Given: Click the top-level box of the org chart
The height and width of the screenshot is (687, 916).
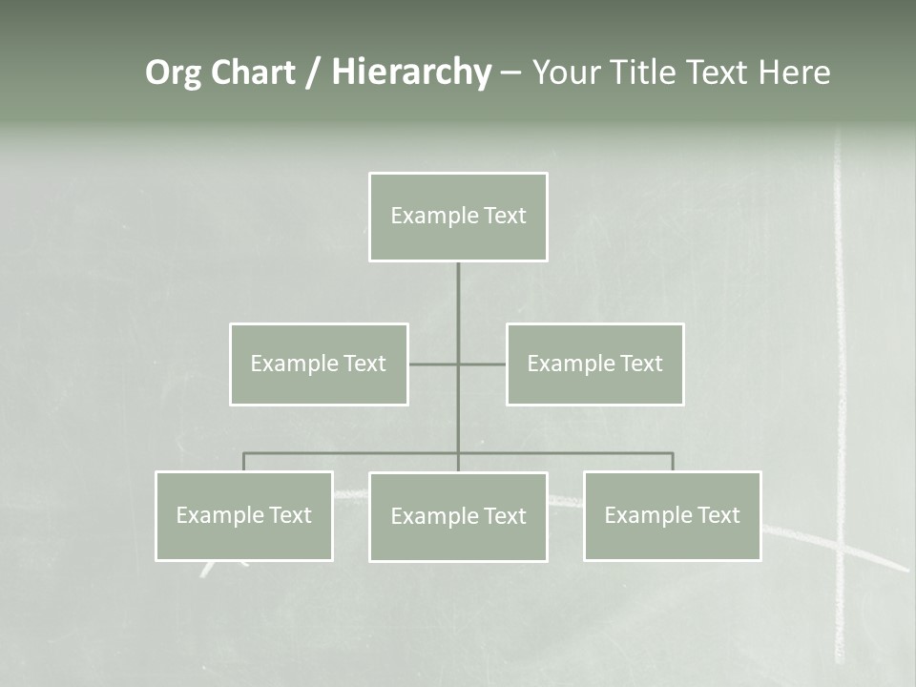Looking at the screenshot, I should coord(458,217).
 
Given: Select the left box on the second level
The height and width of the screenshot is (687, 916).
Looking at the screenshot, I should coord(319,364).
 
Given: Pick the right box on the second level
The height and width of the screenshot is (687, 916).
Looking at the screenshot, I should coord(594,364).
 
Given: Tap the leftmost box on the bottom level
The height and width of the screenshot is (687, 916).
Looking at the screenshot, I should coord(244,515).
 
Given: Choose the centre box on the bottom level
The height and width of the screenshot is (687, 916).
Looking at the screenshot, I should coord(458,516).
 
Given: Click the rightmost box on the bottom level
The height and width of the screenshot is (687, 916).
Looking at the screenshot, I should coord(672,515).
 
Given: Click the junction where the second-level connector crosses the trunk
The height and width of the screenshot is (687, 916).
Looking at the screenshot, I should coord(458,364).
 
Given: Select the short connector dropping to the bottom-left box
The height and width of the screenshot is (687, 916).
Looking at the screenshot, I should coord(244,462).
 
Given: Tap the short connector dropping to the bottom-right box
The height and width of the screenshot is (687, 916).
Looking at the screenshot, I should coord(673,462).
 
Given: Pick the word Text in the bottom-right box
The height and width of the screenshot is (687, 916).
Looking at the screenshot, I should coord(718,515).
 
